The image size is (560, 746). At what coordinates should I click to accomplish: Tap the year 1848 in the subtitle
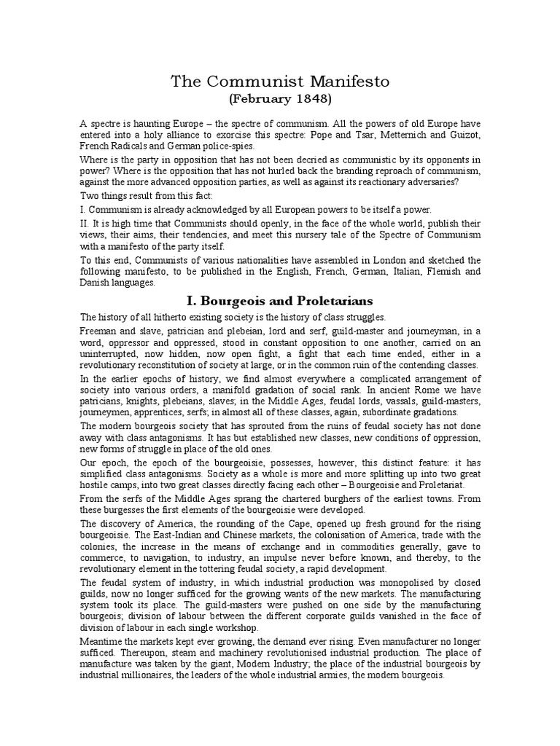point(295,98)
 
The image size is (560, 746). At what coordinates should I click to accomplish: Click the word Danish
point(97,283)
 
